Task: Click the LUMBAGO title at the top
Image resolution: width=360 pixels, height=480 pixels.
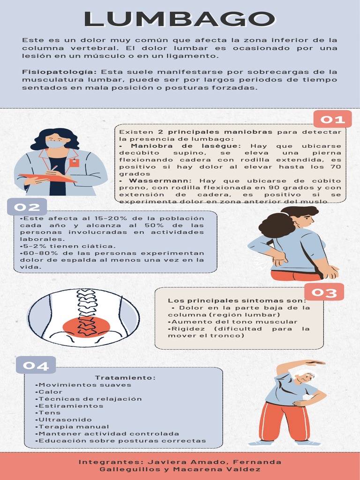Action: (180, 19)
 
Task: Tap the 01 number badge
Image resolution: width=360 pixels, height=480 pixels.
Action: (332, 120)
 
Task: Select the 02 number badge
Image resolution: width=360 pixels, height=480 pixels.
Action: (27, 207)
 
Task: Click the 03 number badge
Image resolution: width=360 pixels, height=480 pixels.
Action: (324, 292)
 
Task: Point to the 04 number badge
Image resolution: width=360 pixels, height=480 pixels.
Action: (36, 366)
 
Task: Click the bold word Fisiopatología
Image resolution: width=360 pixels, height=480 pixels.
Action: (60, 72)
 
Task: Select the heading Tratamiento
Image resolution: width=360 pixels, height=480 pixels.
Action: (125, 378)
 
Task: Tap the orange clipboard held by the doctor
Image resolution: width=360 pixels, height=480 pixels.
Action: (47, 178)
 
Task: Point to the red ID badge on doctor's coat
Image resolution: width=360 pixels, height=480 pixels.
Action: (74, 163)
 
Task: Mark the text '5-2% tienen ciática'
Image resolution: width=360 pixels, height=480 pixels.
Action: (68, 246)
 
